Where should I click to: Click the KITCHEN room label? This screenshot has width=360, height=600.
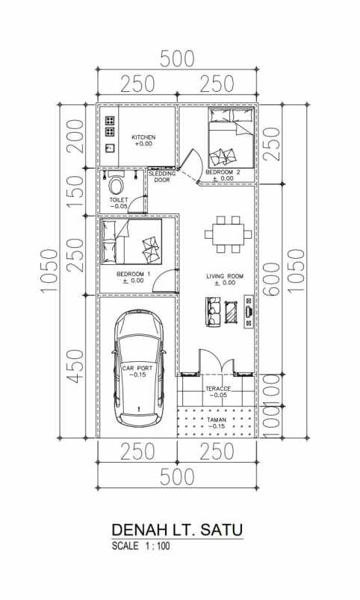[x=143, y=137]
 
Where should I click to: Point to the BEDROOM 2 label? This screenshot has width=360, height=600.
[x=223, y=172]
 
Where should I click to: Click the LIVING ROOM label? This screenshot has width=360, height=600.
[x=225, y=276]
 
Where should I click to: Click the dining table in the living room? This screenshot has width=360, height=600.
[x=225, y=234]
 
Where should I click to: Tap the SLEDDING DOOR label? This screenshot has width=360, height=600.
[x=162, y=176]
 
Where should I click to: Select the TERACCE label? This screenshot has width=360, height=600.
[x=218, y=389]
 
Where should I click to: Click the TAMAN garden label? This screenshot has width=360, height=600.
[x=217, y=419]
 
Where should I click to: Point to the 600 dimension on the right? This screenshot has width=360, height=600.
[x=273, y=279]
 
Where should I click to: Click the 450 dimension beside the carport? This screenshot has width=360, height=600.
[x=75, y=366]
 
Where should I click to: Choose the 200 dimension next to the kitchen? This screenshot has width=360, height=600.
[x=75, y=136]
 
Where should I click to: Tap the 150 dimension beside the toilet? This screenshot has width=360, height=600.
[x=75, y=192]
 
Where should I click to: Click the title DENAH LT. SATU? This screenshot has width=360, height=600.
[x=177, y=530]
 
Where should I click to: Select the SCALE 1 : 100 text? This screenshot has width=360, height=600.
[x=140, y=546]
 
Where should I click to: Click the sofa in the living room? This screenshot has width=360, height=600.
[x=214, y=311]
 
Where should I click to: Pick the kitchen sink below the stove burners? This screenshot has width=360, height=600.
[x=111, y=148]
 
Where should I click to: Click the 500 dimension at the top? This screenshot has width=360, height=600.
[x=177, y=59]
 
